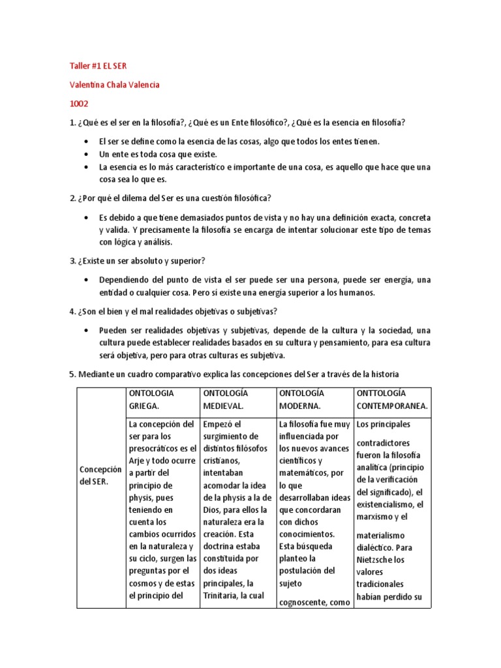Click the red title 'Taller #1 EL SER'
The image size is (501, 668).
tap(102, 67)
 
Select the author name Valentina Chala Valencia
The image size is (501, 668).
tap(114, 85)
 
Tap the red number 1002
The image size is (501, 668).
tap(78, 103)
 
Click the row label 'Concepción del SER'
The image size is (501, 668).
tap(100, 476)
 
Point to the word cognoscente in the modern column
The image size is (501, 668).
tap(303, 603)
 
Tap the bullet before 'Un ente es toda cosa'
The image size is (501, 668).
tap(87, 154)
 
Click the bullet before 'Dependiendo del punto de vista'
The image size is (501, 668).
tap(87, 280)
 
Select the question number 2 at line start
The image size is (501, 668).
tap(72, 198)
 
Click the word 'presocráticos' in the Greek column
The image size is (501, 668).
tap(157, 448)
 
